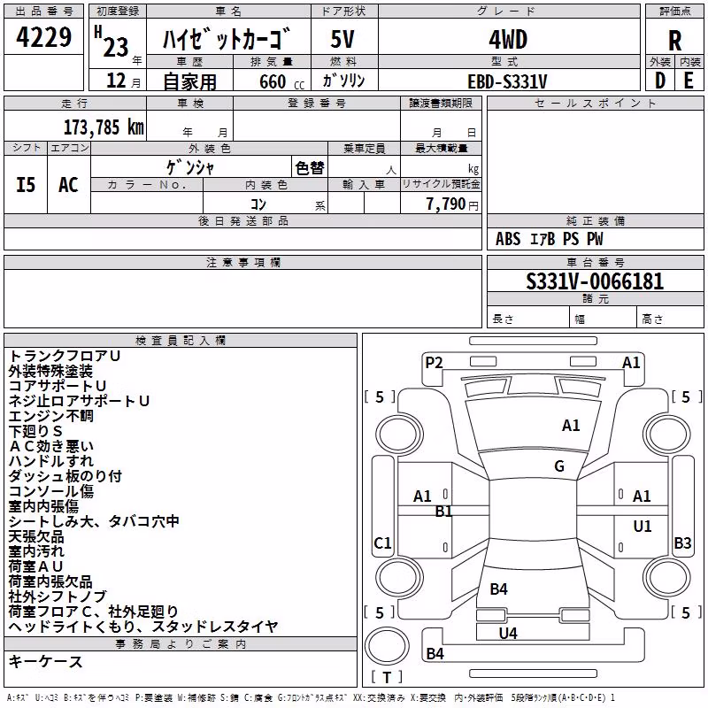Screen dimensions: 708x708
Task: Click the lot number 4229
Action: coord(43,37)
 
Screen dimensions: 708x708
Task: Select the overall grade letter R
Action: coord(674,41)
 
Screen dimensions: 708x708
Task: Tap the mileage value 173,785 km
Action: coord(104,127)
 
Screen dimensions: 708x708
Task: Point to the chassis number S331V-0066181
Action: coord(595,281)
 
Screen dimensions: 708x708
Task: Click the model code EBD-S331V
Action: coord(507,81)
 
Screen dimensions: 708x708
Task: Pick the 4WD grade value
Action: coord(508,40)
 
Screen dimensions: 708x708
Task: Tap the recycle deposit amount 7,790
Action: coord(446,204)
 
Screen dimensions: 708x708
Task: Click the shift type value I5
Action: coord(26,185)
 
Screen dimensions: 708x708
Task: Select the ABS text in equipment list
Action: coord(508,239)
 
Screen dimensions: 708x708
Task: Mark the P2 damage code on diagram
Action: coord(434,363)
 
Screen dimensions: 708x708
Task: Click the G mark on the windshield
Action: coord(559,466)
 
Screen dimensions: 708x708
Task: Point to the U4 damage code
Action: coord(508,634)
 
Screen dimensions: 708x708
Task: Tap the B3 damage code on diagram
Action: coord(682,543)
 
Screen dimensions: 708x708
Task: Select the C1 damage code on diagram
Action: coord(382,543)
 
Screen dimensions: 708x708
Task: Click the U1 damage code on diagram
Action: coord(643,526)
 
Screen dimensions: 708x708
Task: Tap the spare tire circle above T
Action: coord(387,645)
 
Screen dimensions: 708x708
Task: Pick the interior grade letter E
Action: coord(689,81)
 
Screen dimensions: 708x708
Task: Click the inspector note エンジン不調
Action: coord(51,416)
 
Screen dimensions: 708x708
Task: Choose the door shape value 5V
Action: coord(342,40)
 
